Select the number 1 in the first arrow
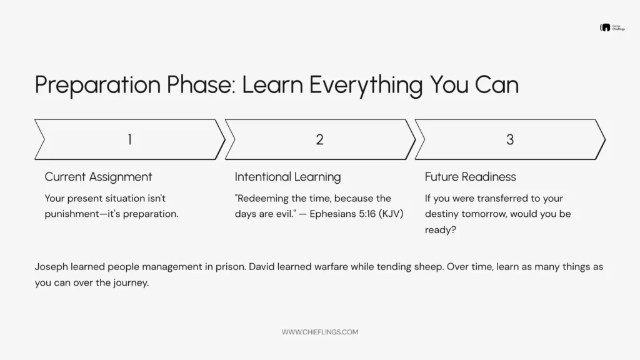coord(129,139)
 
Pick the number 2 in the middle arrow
coord(319,139)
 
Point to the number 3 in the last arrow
coord(509,139)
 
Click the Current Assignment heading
coord(98,177)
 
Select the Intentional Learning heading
coord(287,177)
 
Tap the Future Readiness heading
coord(470,177)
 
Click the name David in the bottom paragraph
coord(262,267)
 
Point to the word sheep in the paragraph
coord(413,267)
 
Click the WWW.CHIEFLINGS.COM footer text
coord(319,332)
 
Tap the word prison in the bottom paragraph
coord(228,267)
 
